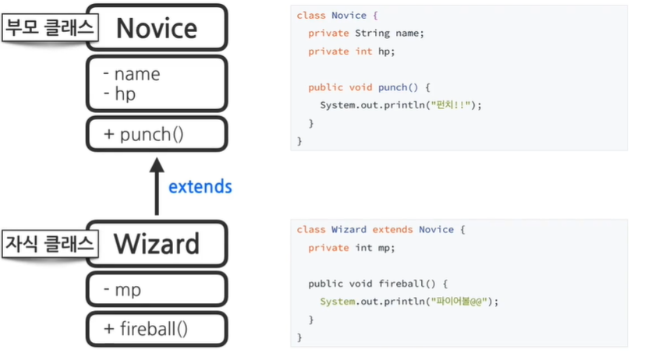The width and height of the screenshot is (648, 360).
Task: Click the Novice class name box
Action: click(157, 28)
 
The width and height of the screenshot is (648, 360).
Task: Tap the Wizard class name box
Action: click(157, 244)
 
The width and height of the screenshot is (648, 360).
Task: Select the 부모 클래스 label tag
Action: click(48, 28)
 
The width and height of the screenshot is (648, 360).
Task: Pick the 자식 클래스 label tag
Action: click(48, 243)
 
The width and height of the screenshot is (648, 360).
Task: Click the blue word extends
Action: click(200, 187)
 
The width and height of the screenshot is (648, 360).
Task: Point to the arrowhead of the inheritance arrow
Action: click(157, 164)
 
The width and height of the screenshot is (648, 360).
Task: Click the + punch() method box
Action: click(157, 134)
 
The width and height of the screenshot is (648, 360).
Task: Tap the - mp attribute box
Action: click(157, 290)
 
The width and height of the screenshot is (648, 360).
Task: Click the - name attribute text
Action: click(132, 75)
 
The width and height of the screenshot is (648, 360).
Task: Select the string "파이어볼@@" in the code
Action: click(462, 302)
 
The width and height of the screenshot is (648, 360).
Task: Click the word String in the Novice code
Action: click(371, 34)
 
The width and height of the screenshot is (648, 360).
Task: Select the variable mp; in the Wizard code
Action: click(386, 248)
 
